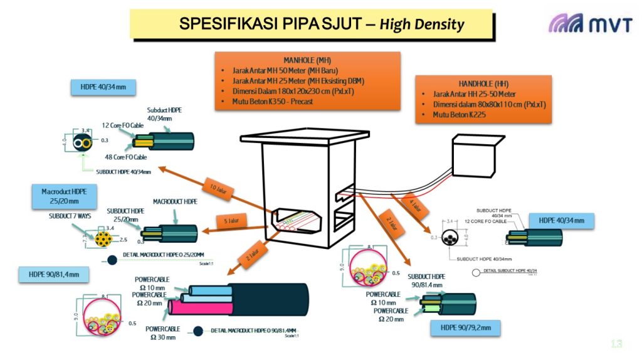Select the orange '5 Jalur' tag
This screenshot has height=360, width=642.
[x=232, y=220]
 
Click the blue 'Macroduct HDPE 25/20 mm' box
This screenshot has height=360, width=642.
[x=65, y=196]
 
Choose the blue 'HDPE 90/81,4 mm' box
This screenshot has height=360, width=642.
[x=58, y=273]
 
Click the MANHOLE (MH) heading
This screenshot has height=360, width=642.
[x=307, y=60]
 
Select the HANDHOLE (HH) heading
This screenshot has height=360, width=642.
[x=483, y=83]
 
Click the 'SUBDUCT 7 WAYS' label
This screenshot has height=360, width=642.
[x=70, y=216]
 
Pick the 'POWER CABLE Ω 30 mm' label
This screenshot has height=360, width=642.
[x=162, y=332]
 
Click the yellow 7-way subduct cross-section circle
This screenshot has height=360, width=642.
[x=103, y=238]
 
